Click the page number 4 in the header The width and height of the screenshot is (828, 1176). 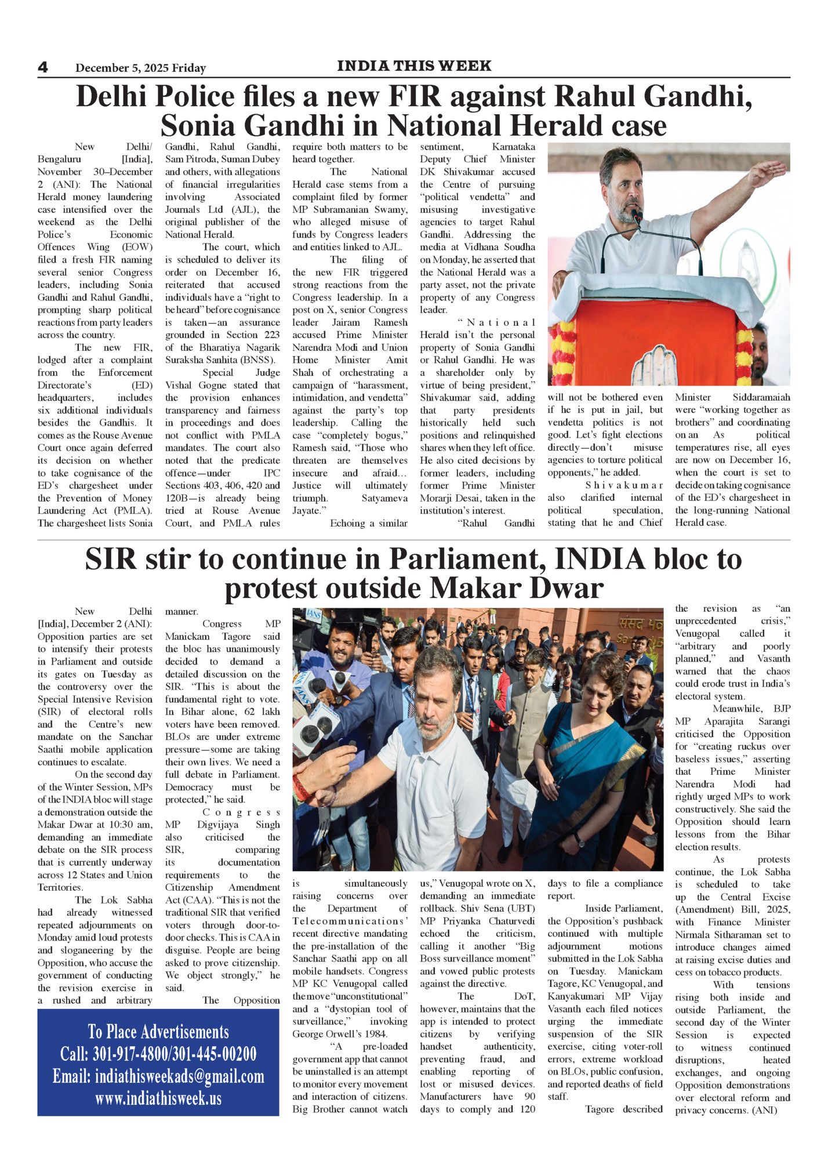43,67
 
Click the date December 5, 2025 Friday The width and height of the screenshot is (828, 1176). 140,68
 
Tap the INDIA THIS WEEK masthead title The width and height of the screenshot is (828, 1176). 414,66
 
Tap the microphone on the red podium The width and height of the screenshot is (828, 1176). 637,217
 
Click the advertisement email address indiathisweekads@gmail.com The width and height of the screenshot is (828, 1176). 158,1076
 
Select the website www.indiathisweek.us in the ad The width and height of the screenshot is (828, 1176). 158,1098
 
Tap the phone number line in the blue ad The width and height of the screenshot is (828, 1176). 158,1054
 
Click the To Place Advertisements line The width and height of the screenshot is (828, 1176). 158,1032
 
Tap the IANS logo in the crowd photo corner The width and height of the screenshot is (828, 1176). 314,614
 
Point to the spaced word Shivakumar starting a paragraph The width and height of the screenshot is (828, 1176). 623,485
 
